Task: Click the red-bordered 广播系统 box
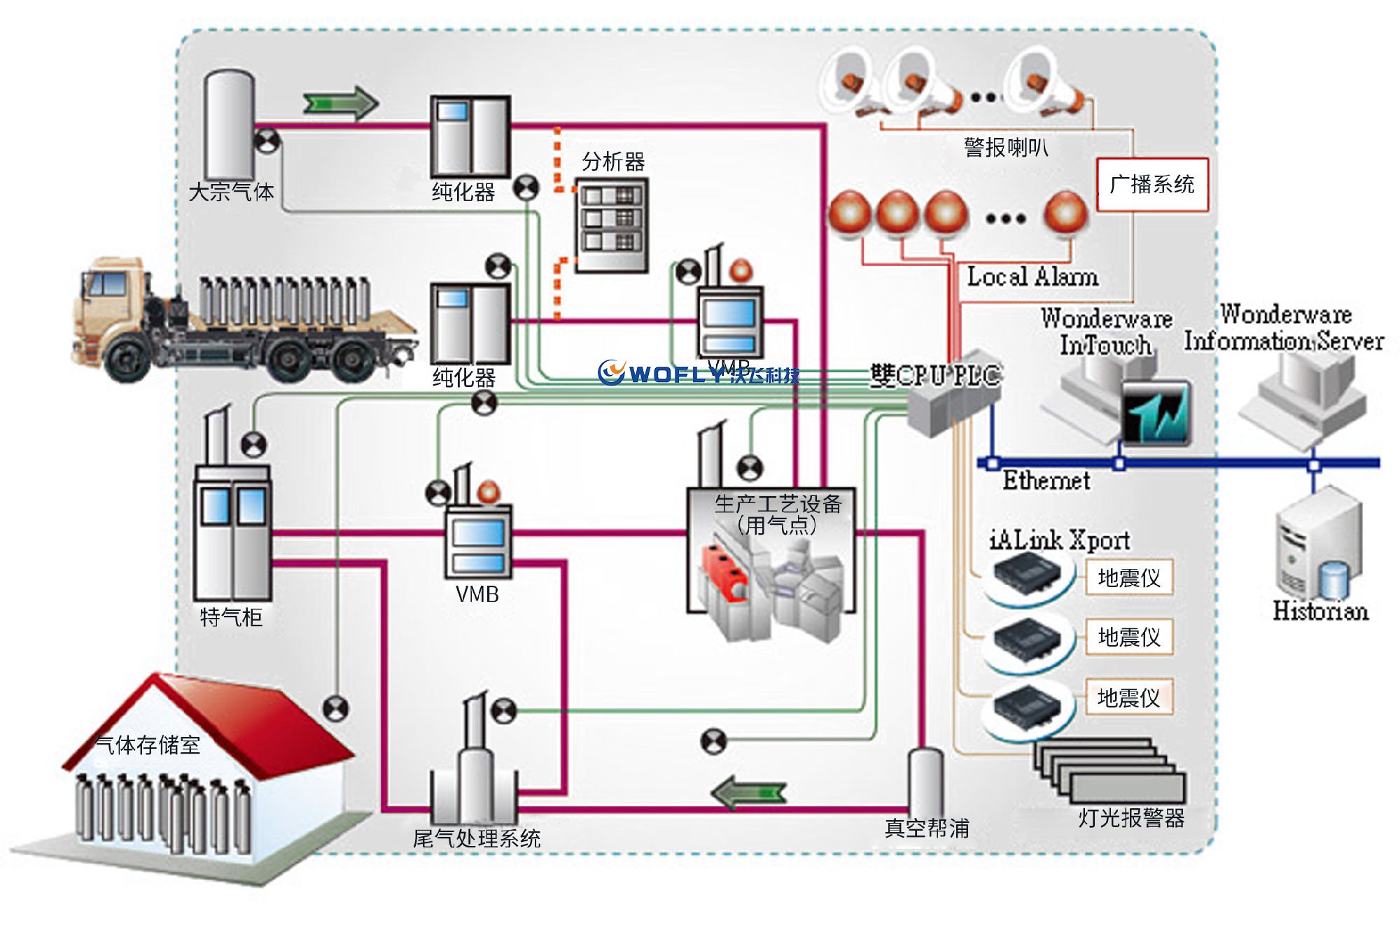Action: pyautogui.click(x=1152, y=184)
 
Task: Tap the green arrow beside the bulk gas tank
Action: pyautogui.click(x=340, y=104)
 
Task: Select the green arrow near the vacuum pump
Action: pyautogui.click(x=748, y=794)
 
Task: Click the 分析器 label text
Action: pyautogui.click(x=613, y=162)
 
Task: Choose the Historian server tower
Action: pyautogui.click(x=1319, y=546)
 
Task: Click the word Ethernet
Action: pyautogui.click(x=1046, y=481)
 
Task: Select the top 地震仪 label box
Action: pyautogui.click(x=1129, y=577)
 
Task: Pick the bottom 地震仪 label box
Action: pyautogui.click(x=1129, y=697)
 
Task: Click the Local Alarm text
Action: pyautogui.click(x=1032, y=277)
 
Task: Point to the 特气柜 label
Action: pyautogui.click(x=231, y=617)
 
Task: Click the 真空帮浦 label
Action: pyautogui.click(x=927, y=829)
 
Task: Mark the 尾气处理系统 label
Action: pyautogui.click(x=477, y=838)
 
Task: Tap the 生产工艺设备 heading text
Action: pyautogui.click(x=778, y=503)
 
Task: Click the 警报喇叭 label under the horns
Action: pyautogui.click(x=1006, y=148)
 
